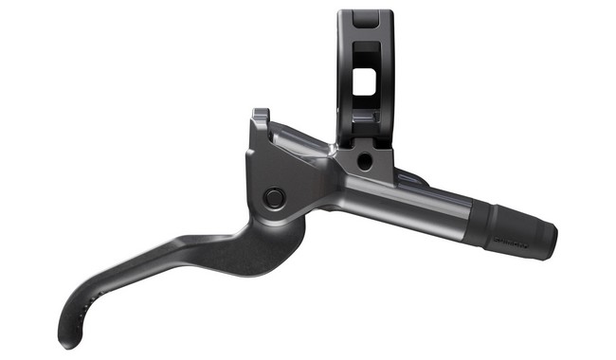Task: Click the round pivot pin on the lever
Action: click(x=275, y=198)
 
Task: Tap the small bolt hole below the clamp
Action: click(x=365, y=162)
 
